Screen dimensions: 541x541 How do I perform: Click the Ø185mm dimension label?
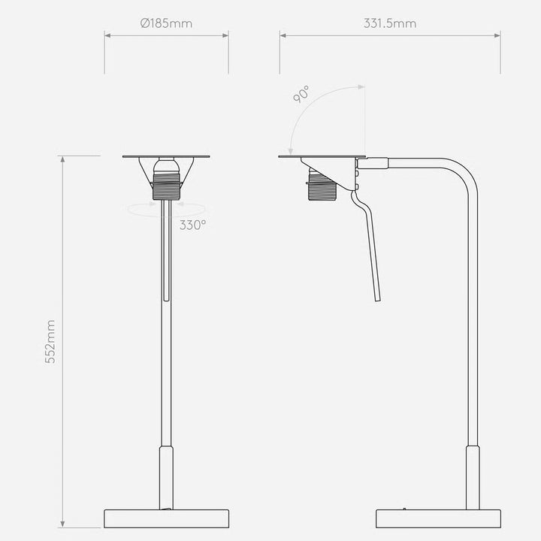pyautogui.click(x=166, y=23)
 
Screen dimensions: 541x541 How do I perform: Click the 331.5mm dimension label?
pyautogui.click(x=390, y=23)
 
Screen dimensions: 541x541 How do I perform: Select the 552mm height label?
pyautogui.click(x=50, y=342)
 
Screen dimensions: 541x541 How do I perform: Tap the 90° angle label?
pyautogui.click(x=301, y=95)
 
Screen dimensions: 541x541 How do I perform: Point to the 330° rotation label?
pyautogui.click(x=192, y=225)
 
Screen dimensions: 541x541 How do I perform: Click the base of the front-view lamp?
pyautogui.click(x=166, y=518)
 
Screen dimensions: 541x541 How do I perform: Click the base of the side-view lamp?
pyautogui.click(x=438, y=518)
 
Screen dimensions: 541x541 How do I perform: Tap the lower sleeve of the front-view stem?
pyautogui.click(x=166, y=478)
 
